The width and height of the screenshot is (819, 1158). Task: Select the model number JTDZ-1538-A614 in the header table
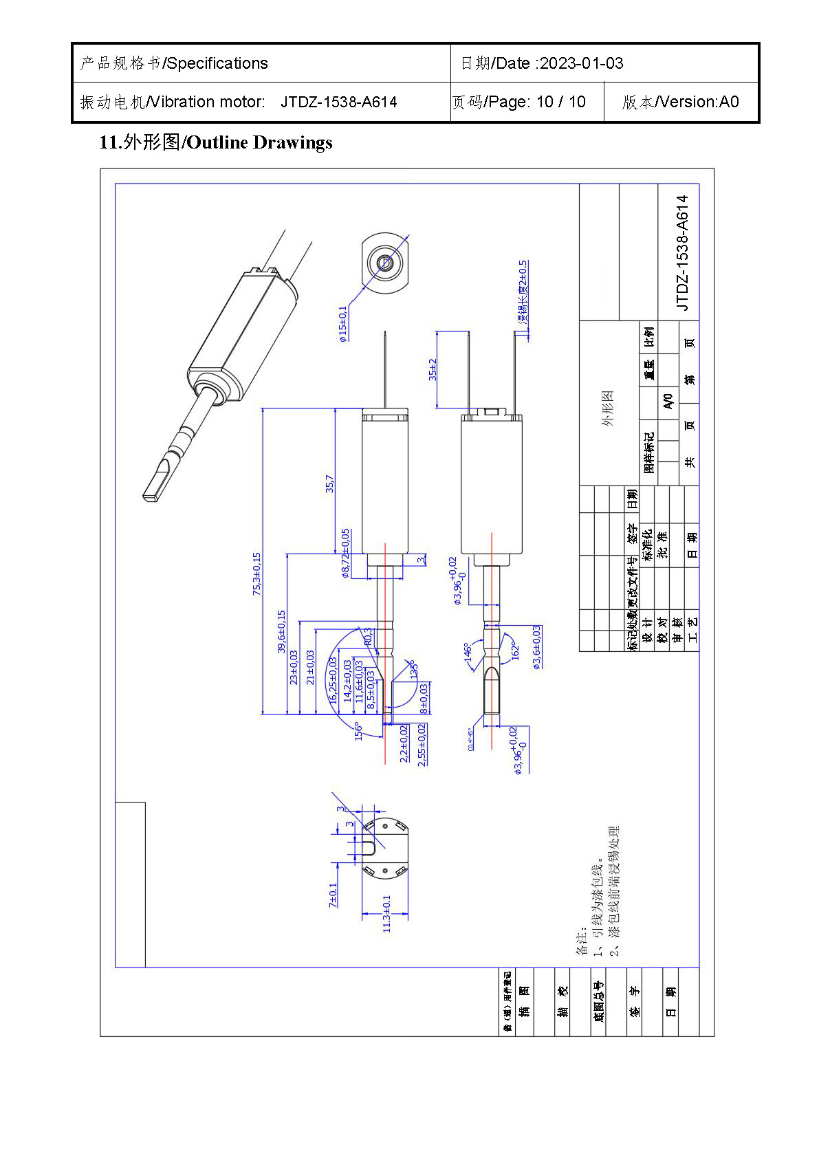click(x=338, y=102)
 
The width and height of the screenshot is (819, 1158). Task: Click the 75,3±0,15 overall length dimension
click(x=257, y=573)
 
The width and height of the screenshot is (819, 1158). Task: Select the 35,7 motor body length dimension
click(x=330, y=483)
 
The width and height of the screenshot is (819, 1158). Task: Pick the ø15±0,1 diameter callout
click(x=343, y=323)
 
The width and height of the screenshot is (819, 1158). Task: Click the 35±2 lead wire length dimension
click(x=433, y=369)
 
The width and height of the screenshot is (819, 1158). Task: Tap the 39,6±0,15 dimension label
click(x=281, y=631)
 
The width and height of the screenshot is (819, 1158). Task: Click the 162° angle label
click(x=514, y=650)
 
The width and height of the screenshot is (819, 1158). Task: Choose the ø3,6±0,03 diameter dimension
click(x=536, y=646)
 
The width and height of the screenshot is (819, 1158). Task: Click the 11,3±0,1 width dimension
click(x=386, y=913)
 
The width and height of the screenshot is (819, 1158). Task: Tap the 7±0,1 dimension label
click(x=334, y=895)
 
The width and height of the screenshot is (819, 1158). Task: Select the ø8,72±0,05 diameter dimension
click(x=346, y=553)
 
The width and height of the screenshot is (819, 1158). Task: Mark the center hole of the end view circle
click(x=384, y=262)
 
